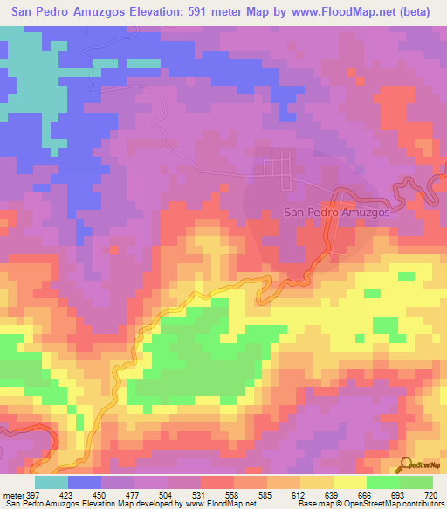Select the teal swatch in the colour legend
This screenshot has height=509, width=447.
pyautogui.click(x=52, y=482)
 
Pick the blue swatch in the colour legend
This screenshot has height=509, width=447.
pyautogui.click(x=85, y=482)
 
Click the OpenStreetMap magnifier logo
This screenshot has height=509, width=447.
pyautogui.click(x=406, y=464)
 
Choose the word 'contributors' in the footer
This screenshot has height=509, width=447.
pyautogui.click(x=421, y=503)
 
